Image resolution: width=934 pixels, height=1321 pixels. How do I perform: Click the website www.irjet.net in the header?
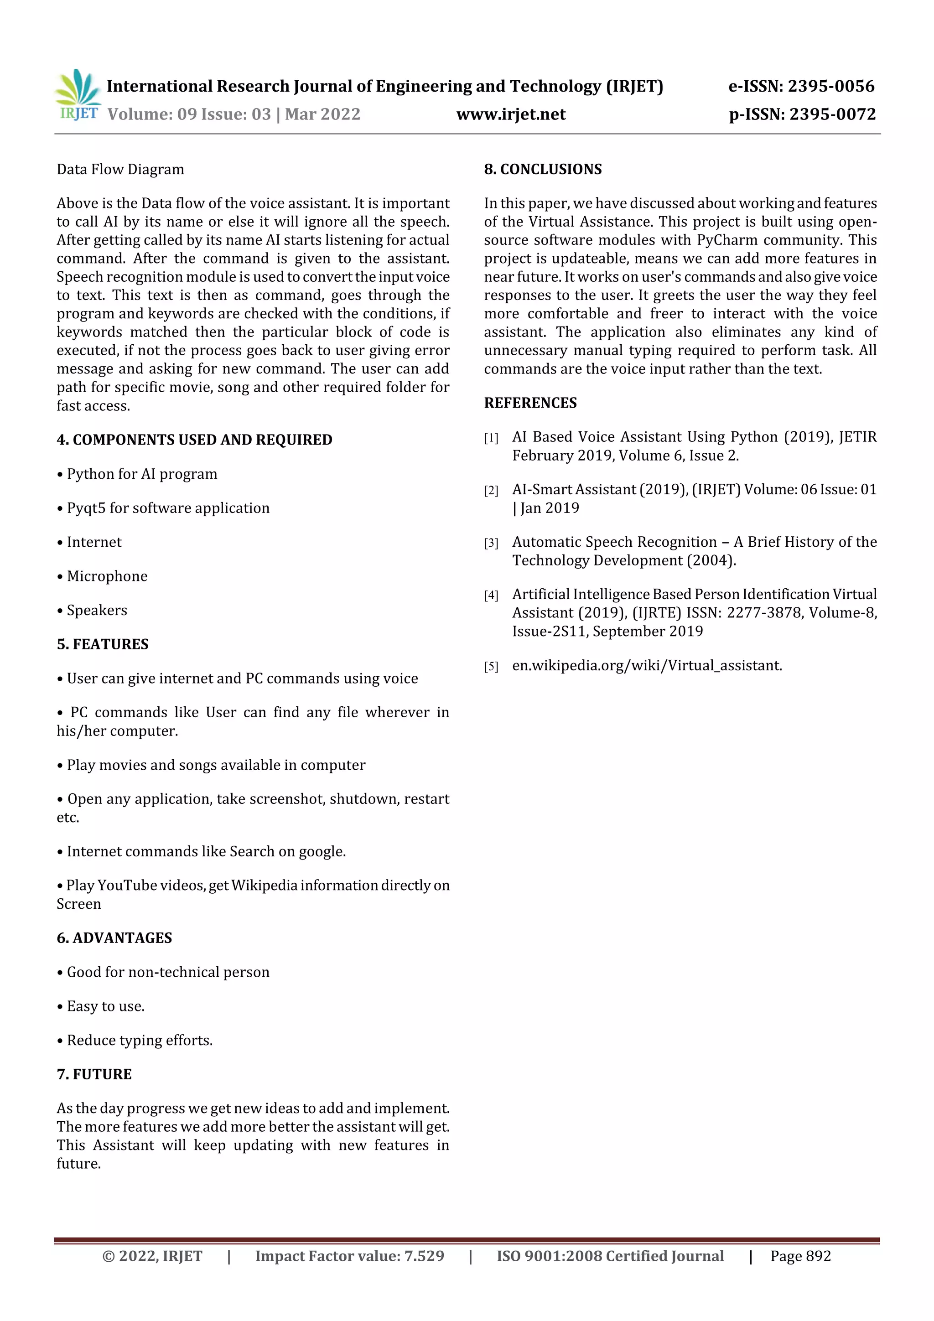(x=510, y=114)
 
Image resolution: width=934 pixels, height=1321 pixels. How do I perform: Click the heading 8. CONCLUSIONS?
(x=543, y=169)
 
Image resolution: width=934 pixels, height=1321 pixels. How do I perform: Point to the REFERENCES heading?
(x=530, y=403)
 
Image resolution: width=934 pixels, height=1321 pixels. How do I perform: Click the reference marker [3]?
(x=491, y=543)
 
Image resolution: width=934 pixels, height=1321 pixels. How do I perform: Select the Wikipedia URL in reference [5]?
(x=647, y=666)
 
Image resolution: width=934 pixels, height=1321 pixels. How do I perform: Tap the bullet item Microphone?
(x=107, y=576)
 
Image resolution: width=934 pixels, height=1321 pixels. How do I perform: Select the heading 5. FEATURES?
(x=103, y=644)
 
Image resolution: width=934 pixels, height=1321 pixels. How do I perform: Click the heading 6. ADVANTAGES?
(x=114, y=938)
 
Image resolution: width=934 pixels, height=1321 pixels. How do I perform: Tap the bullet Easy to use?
(x=105, y=1006)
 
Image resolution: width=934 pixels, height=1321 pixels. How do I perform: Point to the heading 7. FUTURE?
(x=94, y=1074)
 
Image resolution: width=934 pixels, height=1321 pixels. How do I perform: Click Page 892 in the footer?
(x=800, y=1256)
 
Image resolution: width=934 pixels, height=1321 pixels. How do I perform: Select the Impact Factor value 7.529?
(x=424, y=1256)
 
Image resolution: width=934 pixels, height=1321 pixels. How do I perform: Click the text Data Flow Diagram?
(x=120, y=170)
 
